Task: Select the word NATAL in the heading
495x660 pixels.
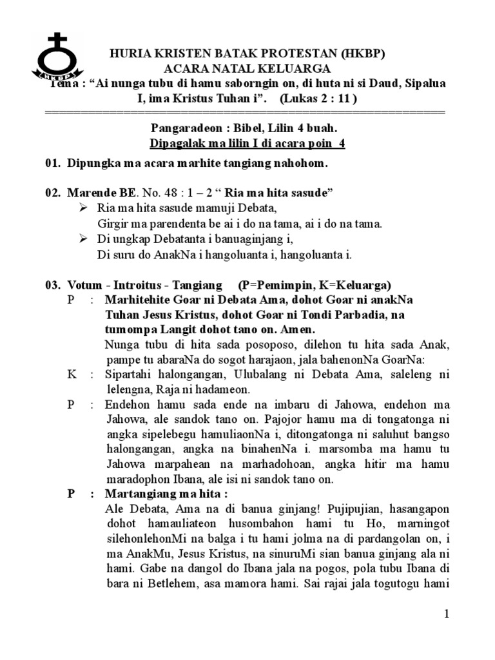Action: (x=251, y=69)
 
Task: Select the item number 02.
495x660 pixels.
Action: (x=52, y=193)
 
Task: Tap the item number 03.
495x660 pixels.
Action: (x=52, y=285)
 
